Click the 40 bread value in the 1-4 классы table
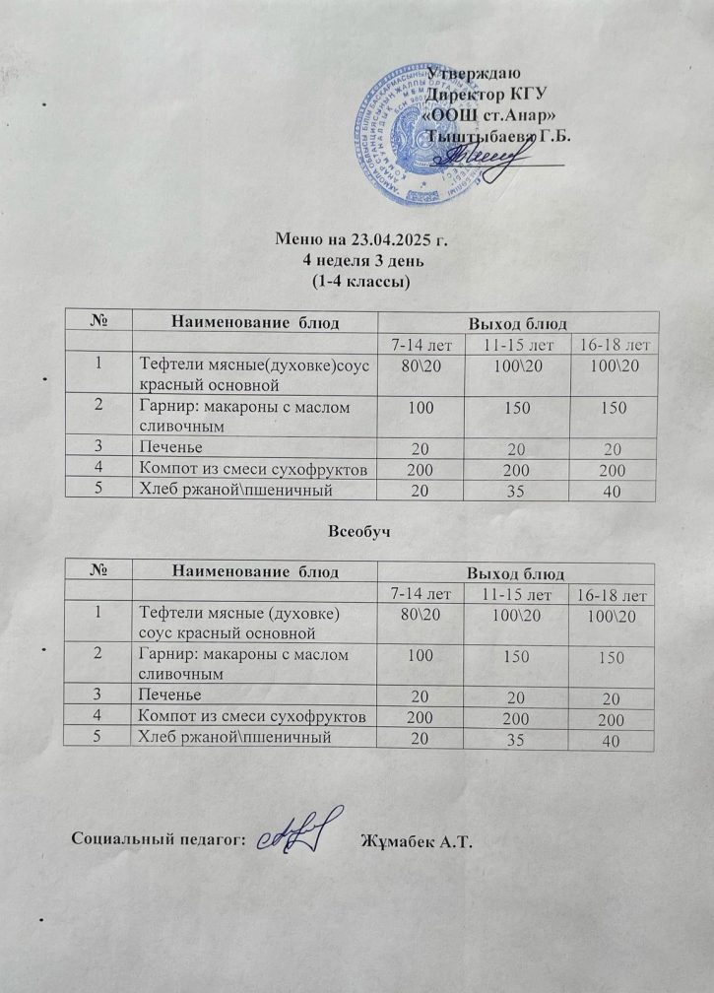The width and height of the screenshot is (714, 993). point(614,491)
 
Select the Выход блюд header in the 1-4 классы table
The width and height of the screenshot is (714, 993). point(516,322)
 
